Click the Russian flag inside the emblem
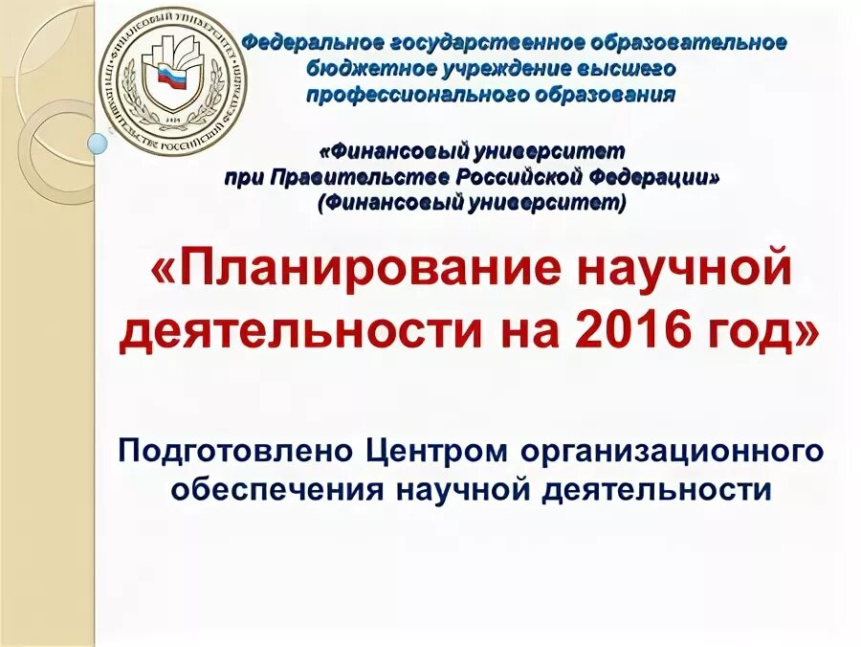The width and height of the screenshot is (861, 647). (x=169, y=78)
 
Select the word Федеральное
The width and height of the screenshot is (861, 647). (x=308, y=44)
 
